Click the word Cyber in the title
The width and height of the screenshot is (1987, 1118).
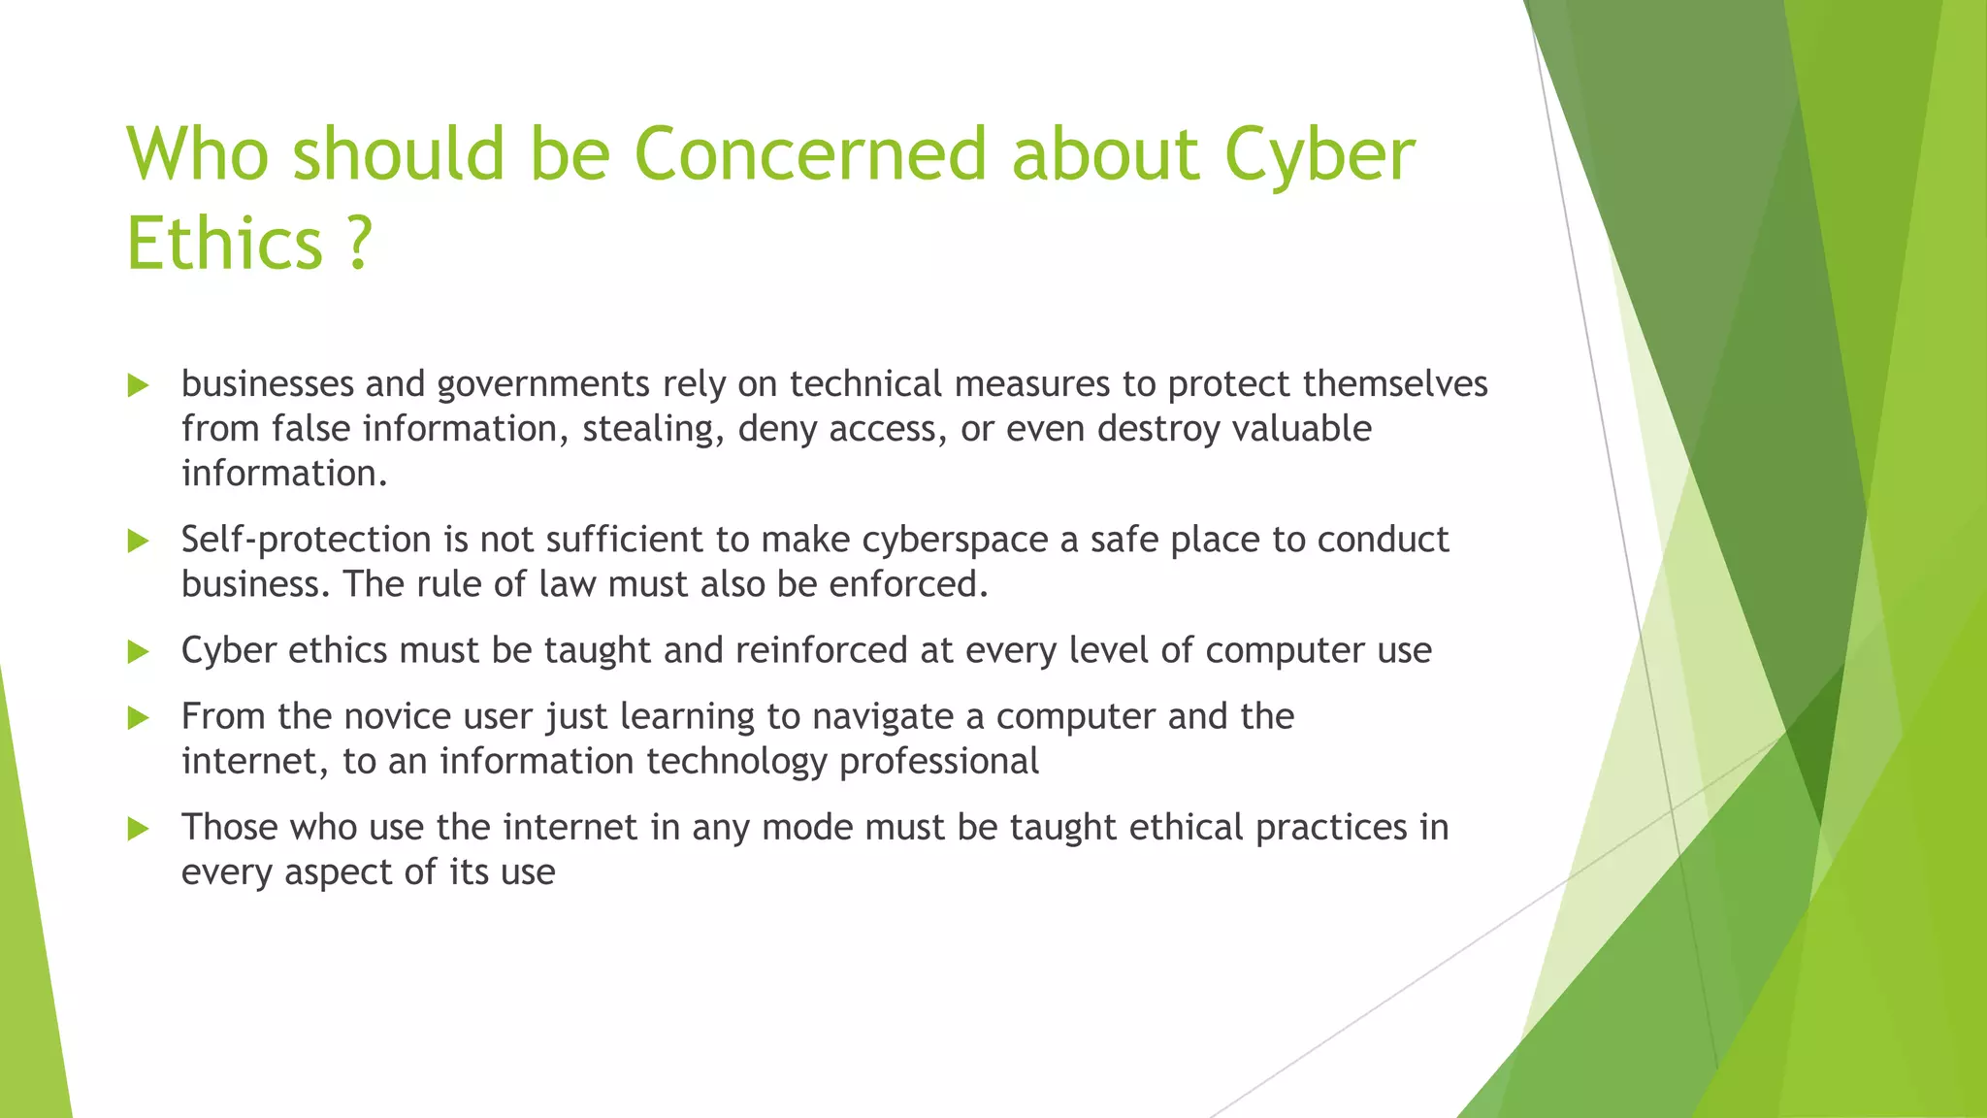1319,154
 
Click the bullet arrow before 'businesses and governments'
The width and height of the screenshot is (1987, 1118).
138,386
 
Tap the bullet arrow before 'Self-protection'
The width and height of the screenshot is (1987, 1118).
138,542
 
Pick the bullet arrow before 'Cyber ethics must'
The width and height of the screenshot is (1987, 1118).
138,652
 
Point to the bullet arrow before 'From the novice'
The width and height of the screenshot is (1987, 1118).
138,718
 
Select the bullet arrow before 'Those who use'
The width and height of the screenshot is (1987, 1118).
138,829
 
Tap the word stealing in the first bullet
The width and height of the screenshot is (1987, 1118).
653,429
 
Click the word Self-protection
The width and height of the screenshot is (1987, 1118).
306,540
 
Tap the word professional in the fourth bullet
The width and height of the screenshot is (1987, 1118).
939,761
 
